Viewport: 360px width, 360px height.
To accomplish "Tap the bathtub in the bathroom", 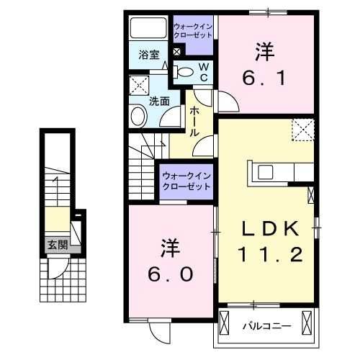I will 148,29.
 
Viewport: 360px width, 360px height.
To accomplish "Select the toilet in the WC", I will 184,71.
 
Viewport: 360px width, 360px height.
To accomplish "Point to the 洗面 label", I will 159,102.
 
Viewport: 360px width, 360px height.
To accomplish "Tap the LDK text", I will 268,229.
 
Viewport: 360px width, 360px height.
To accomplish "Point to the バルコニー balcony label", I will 264,326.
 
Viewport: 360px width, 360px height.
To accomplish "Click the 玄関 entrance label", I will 58,245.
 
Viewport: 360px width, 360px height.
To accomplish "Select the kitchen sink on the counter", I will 264,172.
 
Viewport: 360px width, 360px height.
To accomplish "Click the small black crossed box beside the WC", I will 177,53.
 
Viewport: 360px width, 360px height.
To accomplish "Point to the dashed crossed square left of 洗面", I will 138,86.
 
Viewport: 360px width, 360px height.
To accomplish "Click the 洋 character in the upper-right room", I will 264,51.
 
